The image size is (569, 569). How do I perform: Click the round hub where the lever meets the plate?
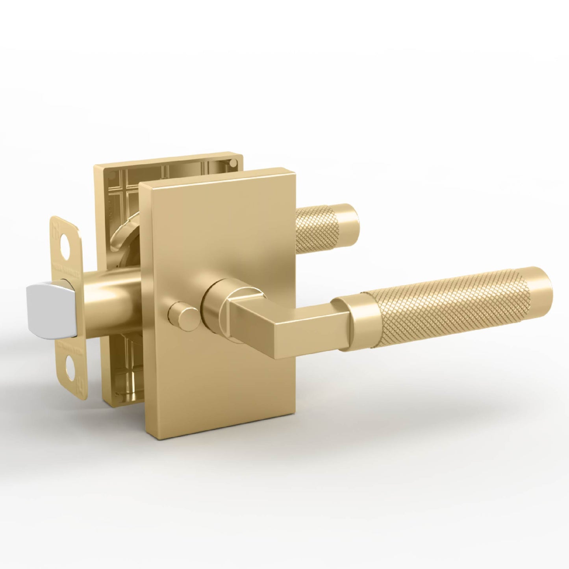pyautogui.click(x=215, y=311)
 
